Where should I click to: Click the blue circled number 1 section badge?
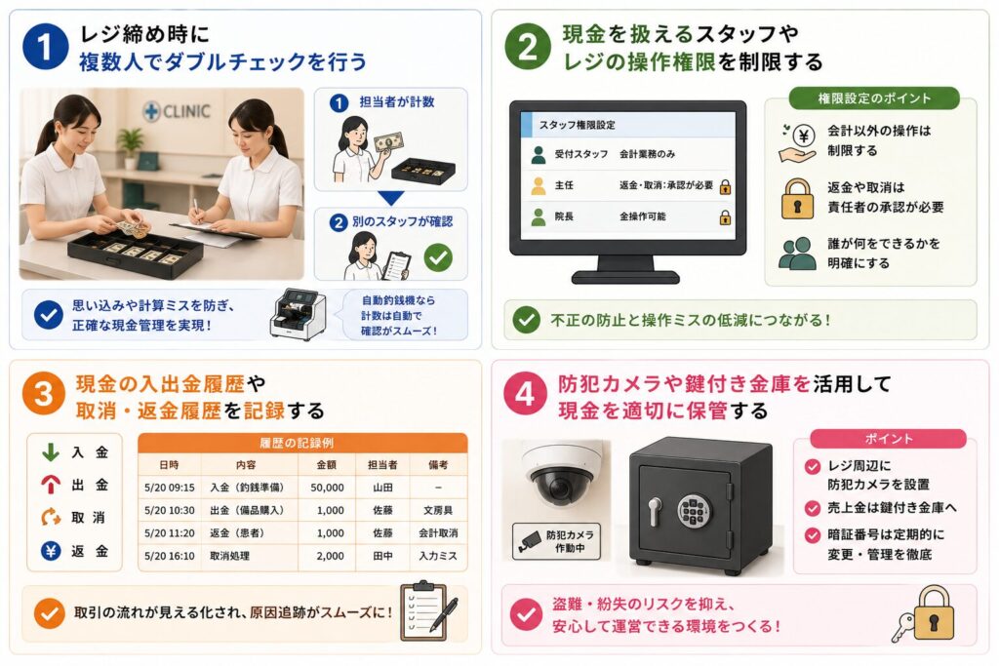click(x=45, y=47)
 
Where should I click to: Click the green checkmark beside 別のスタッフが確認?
click(x=438, y=257)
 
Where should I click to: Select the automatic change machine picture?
click(x=298, y=315)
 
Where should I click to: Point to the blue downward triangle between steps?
click(x=390, y=198)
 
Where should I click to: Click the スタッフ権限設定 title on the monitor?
click(x=578, y=125)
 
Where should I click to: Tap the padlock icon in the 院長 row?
click(x=725, y=217)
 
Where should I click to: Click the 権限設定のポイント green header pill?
click(x=874, y=98)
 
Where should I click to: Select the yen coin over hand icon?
click(x=797, y=143)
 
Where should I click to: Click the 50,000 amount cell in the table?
click(x=328, y=488)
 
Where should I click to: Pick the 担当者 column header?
click(x=382, y=465)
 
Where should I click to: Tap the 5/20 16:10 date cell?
click(x=170, y=556)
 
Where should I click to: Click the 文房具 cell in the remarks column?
click(x=438, y=510)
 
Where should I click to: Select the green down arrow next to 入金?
click(x=51, y=452)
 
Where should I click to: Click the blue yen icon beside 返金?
click(x=51, y=551)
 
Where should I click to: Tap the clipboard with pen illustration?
click(x=428, y=610)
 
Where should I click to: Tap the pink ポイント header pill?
click(x=888, y=439)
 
